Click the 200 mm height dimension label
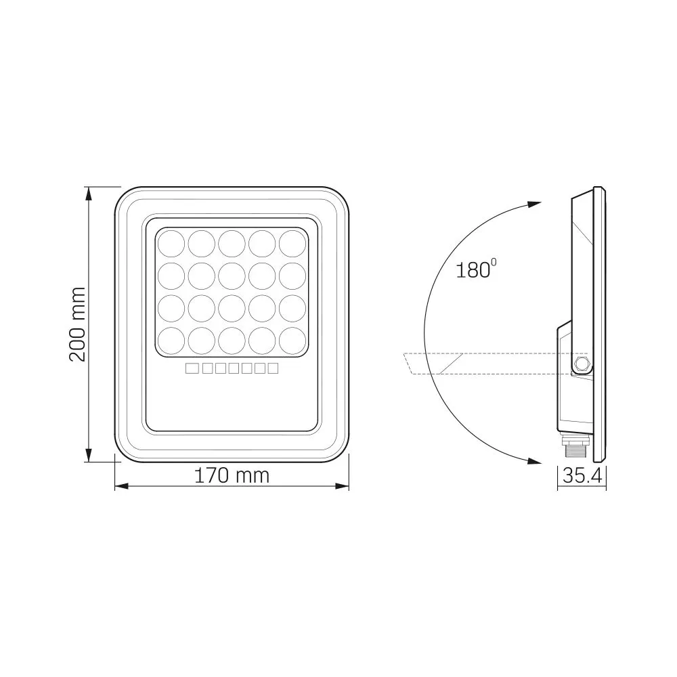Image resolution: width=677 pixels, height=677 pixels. [79, 324]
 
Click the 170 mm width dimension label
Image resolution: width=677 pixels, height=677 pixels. [232, 475]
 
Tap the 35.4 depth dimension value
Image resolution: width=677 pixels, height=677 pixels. [582, 476]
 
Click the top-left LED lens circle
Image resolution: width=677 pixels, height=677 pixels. [171, 242]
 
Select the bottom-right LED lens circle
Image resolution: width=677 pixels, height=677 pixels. [292, 340]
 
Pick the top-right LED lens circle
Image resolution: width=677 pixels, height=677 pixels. [292, 242]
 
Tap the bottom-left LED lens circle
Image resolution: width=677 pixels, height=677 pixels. [171, 340]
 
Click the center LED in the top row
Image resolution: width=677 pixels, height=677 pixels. [232, 242]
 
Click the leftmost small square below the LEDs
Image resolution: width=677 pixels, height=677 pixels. [191, 368]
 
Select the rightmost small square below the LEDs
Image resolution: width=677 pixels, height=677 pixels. [272, 368]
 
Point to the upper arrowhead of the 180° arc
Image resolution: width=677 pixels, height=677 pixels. [534, 204]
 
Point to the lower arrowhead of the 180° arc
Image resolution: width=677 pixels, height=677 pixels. [534, 461]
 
